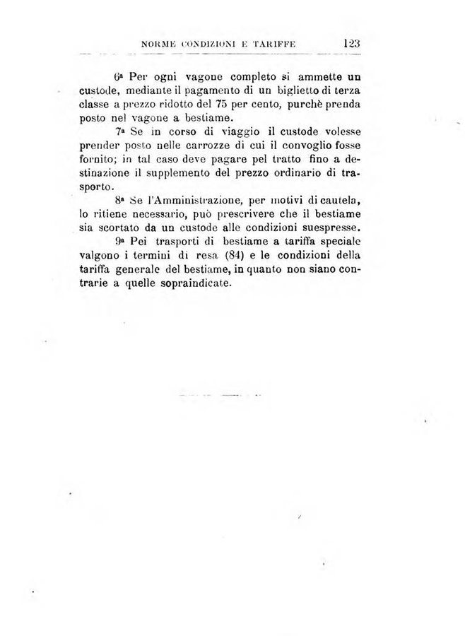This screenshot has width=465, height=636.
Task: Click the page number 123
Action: tap(351, 42)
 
